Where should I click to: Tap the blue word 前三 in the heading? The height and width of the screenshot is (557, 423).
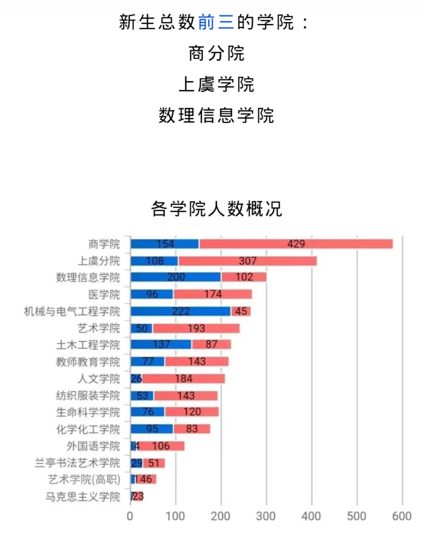pyautogui.click(x=216, y=22)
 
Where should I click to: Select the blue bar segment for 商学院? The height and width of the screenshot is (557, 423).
pyautogui.click(x=165, y=244)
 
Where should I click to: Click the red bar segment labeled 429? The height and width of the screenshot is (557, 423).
pyautogui.click(x=296, y=244)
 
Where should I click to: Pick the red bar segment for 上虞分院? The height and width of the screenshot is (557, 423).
pyautogui.click(x=247, y=261)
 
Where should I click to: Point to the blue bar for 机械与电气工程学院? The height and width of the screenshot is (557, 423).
pyautogui.click(x=180, y=311)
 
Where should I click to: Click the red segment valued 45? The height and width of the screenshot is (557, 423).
pyautogui.click(x=241, y=311)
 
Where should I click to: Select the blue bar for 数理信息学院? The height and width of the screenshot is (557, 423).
pyautogui.click(x=175, y=277)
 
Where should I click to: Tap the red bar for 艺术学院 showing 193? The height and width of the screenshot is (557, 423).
pyautogui.click(x=196, y=328)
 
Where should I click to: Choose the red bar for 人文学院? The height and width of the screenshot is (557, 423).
pyautogui.click(x=183, y=379)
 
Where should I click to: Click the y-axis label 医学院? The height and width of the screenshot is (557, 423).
pyautogui.click(x=104, y=295)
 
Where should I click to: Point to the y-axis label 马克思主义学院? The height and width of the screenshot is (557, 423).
pyautogui.click(x=83, y=497)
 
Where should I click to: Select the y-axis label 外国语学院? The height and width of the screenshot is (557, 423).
pyautogui.click(x=93, y=446)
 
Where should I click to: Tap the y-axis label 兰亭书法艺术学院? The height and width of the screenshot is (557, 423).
pyautogui.click(x=77, y=463)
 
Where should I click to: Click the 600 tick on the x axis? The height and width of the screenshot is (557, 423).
pyautogui.click(x=402, y=516)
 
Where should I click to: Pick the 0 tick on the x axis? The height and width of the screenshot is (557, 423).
pyautogui.click(x=130, y=516)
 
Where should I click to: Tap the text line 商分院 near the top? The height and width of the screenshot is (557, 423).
pyautogui.click(x=216, y=53)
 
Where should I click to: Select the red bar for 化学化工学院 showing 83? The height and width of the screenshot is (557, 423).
pyautogui.click(x=192, y=429)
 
